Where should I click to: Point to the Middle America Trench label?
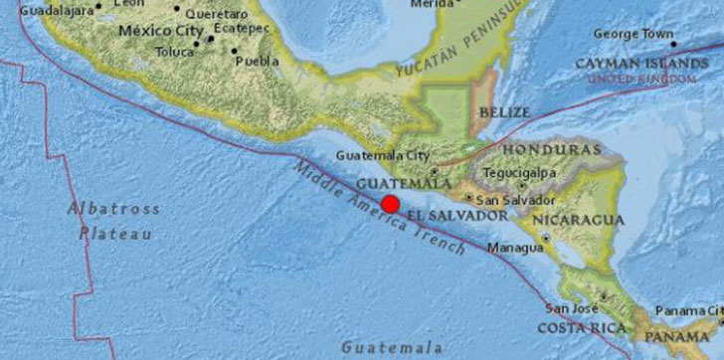(378, 211)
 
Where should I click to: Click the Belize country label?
(503, 112)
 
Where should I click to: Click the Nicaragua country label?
(579, 220)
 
